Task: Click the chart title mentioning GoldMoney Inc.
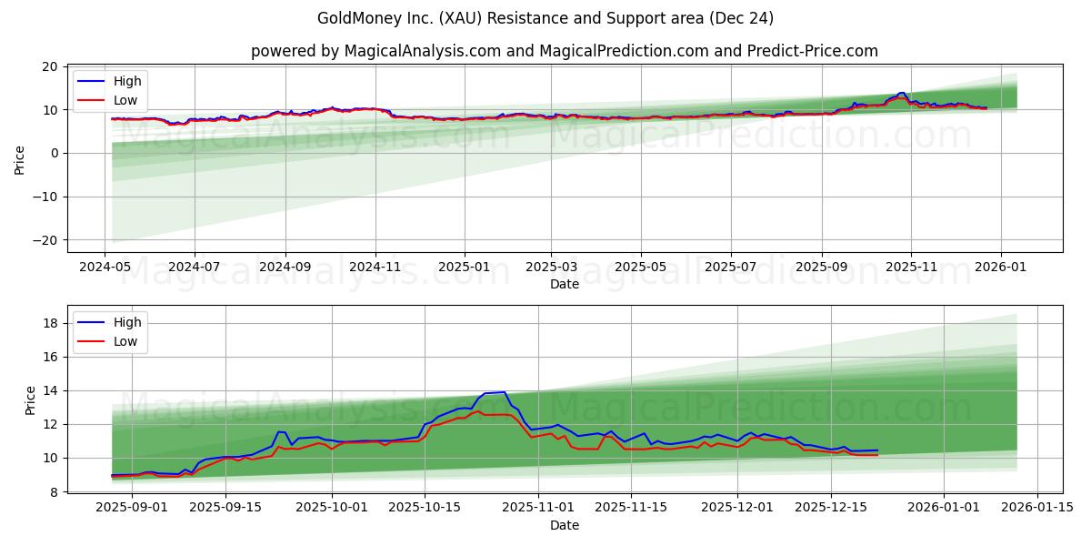[x=545, y=18]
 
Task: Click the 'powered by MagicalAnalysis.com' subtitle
[x=564, y=51]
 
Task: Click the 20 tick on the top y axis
[x=51, y=66]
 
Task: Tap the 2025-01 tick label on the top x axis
[x=464, y=268]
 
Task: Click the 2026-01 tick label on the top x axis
[x=1000, y=268]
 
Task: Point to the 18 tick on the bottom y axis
[x=51, y=323]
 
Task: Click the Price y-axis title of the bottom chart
[x=31, y=400]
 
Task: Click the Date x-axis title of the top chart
[x=564, y=284]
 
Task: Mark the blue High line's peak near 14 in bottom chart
[x=504, y=392]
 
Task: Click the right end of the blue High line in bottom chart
[x=877, y=450]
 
